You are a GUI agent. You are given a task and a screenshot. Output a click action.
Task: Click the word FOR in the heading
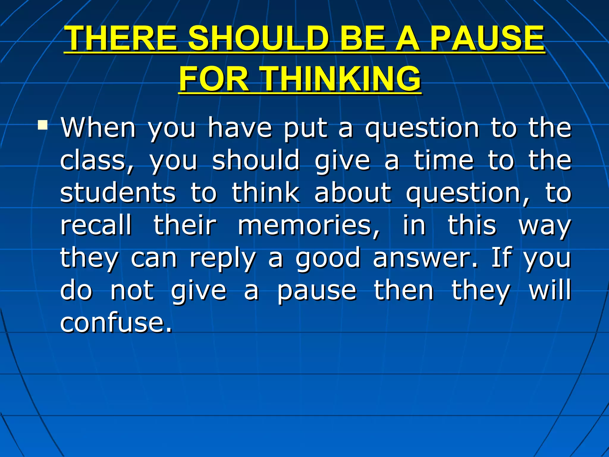click(x=214, y=79)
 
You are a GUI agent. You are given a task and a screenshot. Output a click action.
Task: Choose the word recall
click(x=96, y=225)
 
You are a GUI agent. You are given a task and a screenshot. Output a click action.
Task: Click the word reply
click(x=222, y=258)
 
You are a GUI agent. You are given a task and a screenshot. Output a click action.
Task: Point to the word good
click(x=328, y=258)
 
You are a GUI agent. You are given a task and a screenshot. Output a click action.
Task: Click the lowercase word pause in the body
click(x=317, y=291)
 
